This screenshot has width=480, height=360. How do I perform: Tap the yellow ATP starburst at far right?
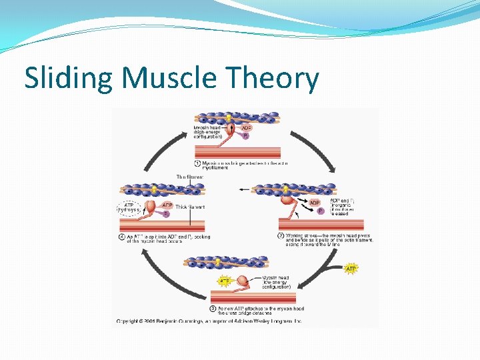(x=351, y=269)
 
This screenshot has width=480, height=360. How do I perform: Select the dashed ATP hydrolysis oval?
(x=128, y=208)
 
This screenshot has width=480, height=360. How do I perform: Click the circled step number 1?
(x=197, y=163)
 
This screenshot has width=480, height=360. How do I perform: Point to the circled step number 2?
(x=280, y=235)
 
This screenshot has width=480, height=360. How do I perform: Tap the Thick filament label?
(x=190, y=207)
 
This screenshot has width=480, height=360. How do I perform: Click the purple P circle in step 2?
(x=320, y=211)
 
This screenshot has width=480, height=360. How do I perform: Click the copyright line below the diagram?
(x=209, y=321)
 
